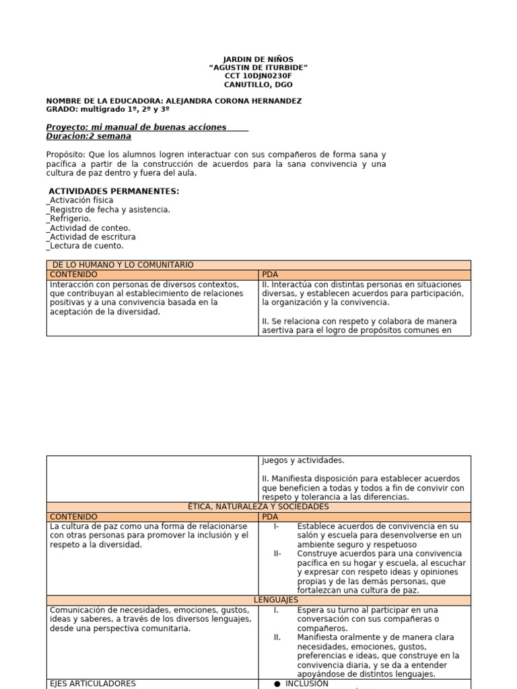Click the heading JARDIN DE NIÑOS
pos(258,59)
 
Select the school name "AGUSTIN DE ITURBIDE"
pos(258,68)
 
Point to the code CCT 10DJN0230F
pos(258,77)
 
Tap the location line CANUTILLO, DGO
pos(258,85)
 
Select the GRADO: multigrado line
pos(108,109)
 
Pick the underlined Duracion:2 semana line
pos(89,136)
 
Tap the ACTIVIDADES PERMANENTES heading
pos(114,191)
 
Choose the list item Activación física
pos(80,201)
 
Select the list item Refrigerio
pos(69,219)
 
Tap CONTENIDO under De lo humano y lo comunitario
pos(74,275)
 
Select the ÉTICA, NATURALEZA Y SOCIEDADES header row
pos(258,506)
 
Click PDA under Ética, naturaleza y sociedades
pos(269,516)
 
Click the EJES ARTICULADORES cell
pos(93,683)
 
